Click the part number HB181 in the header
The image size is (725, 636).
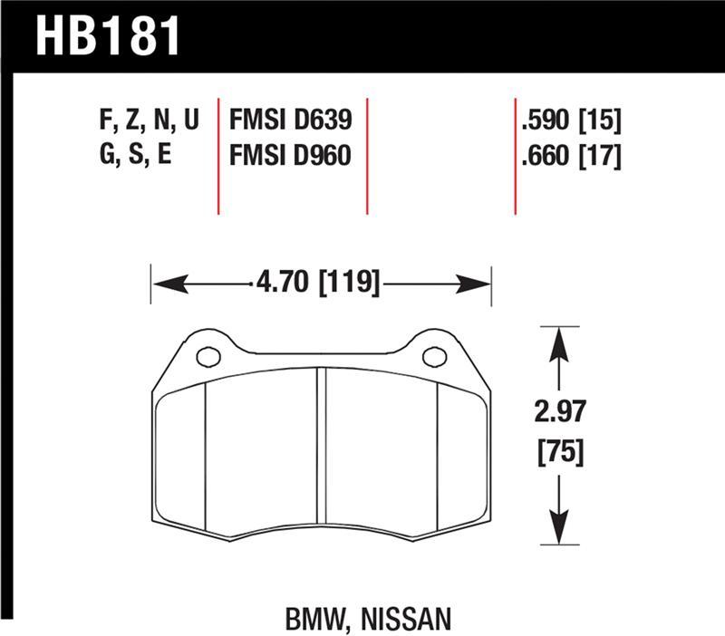click(x=108, y=35)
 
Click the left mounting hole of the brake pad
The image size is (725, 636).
click(x=208, y=356)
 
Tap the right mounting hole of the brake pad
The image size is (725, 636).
click(x=434, y=355)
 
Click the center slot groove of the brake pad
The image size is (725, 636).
click(x=321, y=453)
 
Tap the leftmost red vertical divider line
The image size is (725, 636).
click(x=219, y=154)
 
